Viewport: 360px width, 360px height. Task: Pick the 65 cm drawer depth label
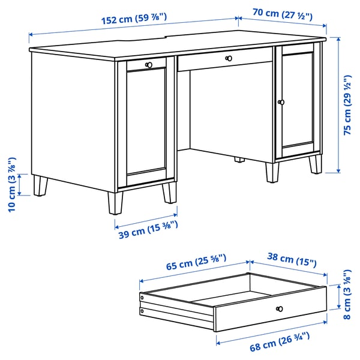192,263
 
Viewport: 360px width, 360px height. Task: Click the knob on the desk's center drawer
228,58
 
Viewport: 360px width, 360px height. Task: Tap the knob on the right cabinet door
280,103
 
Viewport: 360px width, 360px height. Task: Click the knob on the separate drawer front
278,308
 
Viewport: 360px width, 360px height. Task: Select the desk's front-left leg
113,203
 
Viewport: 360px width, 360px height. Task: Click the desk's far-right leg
316,163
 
